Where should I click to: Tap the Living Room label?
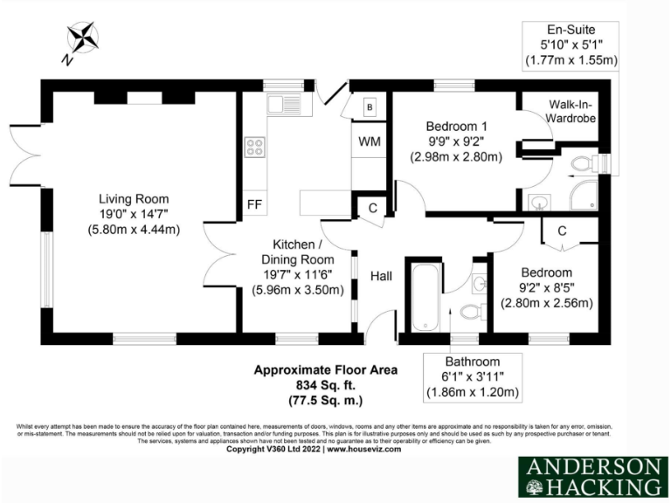tap(133, 199)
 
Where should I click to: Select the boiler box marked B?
tap(370, 107)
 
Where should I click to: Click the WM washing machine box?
tap(368, 141)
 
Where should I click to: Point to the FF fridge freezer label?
tap(254, 205)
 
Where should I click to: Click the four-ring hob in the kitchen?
tap(255, 148)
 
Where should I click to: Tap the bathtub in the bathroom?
tap(421, 294)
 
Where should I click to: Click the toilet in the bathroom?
tap(471, 312)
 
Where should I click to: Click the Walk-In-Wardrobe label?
tap(573, 111)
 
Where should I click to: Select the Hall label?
tap(381, 276)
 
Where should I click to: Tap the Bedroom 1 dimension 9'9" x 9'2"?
tap(456, 141)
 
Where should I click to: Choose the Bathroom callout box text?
tap(472, 376)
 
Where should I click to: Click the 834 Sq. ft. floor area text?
tap(325, 385)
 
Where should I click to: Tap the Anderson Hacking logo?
tap(591, 476)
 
